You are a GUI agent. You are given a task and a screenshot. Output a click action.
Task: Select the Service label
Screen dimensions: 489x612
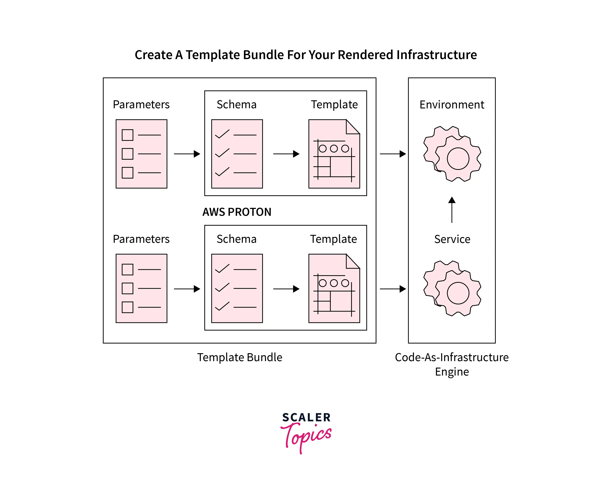452,239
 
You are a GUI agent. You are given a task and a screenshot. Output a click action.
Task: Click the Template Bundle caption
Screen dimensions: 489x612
240,357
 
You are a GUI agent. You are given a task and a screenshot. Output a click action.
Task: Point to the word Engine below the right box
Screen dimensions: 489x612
452,372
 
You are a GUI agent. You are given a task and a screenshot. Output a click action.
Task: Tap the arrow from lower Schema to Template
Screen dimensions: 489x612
286,289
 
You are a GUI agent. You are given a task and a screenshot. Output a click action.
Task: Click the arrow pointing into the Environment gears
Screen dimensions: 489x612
393,154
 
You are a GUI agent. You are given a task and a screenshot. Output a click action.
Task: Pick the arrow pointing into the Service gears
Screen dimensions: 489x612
393,289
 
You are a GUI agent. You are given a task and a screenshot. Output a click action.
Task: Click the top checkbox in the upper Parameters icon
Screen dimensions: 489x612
127,135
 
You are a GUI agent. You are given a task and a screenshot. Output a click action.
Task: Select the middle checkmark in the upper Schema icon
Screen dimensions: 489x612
222,153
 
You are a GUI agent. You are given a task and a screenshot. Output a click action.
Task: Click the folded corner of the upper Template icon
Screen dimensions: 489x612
352,127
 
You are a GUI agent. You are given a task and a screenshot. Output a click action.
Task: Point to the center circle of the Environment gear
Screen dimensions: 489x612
458,159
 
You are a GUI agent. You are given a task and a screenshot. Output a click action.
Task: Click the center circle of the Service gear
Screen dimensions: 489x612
458,293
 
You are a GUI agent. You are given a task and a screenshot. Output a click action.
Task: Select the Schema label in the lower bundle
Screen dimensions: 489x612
237,239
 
